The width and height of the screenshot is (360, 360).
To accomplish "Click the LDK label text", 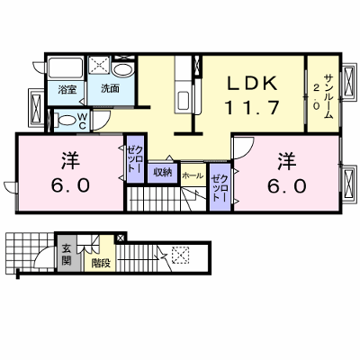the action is point(252,84).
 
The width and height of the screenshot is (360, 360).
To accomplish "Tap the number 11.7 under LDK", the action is point(252,108).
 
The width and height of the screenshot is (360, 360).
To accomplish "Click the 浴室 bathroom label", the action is point(67,89).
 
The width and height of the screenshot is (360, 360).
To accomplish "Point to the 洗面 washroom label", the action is point(110,88).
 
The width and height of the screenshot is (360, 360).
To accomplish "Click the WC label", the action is point(83,121).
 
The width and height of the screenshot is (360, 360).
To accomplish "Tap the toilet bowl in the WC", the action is point(67,121).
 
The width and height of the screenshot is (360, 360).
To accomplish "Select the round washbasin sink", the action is point(123,71).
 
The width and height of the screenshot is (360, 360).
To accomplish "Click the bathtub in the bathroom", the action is point(66,68).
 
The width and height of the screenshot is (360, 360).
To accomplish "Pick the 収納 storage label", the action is point(163,172).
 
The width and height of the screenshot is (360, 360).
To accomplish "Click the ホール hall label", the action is point(193,175).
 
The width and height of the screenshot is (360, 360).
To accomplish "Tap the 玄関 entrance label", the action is point(67,255).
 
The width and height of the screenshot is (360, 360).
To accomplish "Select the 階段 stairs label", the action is point(101,263).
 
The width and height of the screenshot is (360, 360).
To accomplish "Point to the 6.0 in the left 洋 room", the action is point(70,185).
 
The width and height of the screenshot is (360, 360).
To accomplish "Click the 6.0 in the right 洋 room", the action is point(287,186).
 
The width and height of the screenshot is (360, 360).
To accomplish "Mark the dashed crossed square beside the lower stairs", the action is point(180,255).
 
